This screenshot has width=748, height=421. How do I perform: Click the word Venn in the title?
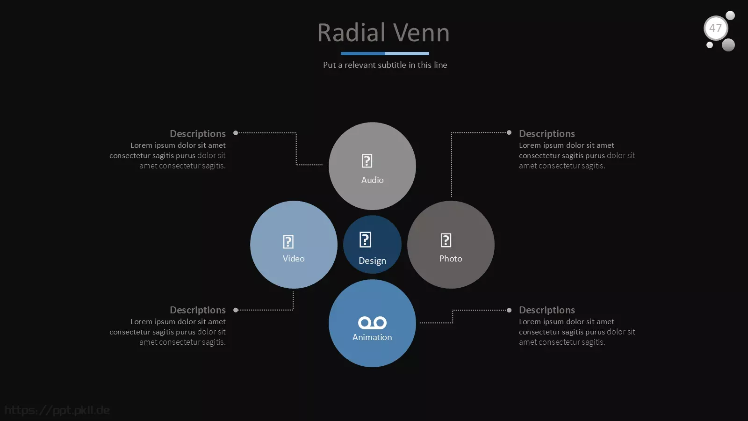[421, 33]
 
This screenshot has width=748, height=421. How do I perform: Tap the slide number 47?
[715, 28]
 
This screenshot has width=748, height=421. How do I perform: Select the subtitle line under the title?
[385, 65]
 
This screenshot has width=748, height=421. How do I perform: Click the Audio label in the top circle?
[372, 180]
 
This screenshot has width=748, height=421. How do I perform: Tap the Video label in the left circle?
[294, 258]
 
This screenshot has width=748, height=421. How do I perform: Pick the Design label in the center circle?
[372, 261]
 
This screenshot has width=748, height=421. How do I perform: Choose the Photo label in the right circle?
[451, 258]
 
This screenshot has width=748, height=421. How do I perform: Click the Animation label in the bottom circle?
[372, 337]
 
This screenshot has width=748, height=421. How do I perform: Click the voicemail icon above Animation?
[372, 322]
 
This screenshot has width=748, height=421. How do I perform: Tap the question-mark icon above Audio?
[367, 161]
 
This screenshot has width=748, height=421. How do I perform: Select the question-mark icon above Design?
[365, 240]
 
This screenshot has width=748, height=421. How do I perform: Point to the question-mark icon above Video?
[288, 241]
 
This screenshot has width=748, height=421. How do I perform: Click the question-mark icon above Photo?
[446, 240]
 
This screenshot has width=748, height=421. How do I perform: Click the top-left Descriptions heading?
[198, 134]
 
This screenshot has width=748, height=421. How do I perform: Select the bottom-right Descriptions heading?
[547, 310]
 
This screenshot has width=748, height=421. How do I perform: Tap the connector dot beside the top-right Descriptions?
[509, 133]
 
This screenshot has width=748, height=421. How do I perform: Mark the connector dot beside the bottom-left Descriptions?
[236, 310]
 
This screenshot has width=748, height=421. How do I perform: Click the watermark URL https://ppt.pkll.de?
[57, 410]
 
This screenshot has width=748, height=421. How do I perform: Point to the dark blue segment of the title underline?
[363, 53]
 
